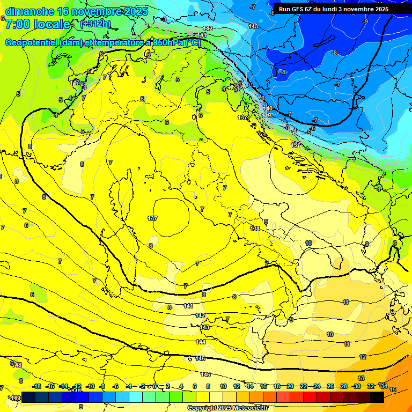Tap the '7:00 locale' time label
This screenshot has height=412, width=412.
coord(37,24)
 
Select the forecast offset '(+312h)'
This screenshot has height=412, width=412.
coord(95,24)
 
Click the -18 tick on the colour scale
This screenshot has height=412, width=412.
coord(36,386)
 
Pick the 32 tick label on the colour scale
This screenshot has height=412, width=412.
coord(370,386)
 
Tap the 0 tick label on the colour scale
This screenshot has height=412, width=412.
coord(154,386)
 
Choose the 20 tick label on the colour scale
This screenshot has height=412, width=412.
coord(290,386)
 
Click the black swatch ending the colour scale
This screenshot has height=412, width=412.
coord(377,397)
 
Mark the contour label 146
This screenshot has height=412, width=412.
coord(205,374)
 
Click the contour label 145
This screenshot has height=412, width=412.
coord(201,358)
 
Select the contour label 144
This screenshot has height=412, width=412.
coord(201,342)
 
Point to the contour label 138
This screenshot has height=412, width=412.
coord(255,229)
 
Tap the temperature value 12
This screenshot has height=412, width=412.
coord(363,357)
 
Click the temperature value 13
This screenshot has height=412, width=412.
coord(361,378)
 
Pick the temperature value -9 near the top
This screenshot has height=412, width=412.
coord(365,22)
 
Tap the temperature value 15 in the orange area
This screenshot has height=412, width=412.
coord(393,389)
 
